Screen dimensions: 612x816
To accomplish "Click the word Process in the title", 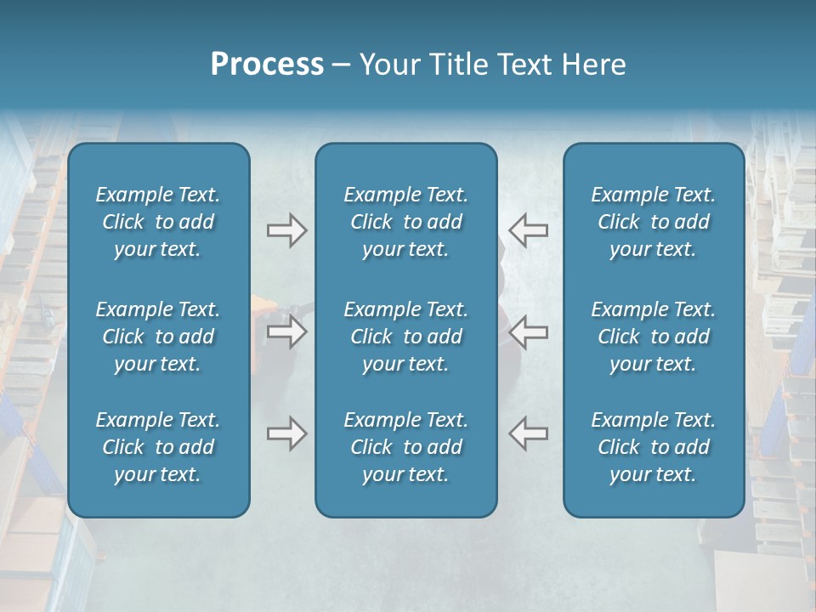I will (267, 65).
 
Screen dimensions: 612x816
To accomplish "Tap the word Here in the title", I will (594, 65).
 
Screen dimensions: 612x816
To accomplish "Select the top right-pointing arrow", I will (286, 230).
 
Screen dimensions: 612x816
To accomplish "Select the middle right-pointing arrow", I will (286, 331).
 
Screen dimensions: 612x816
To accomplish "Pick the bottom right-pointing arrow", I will (286, 433).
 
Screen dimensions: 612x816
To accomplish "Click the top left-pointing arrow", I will (528, 230).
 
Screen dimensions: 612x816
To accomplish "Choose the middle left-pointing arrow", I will (528, 331).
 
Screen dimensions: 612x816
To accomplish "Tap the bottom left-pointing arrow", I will (528, 433).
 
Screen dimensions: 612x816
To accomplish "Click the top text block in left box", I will (158, 222).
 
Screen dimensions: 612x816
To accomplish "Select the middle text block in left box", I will (158, 337).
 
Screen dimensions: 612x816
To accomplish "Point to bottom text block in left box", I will (158, 447).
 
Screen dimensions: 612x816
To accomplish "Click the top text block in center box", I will (406, 222).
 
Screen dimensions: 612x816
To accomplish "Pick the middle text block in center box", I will (406, 337).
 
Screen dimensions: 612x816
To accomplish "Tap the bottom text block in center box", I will (406, 447).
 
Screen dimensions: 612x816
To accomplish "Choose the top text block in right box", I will (654, 222).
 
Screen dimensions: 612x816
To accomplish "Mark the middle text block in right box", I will (654, 337).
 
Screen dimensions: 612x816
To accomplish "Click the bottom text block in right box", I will (654, 447).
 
